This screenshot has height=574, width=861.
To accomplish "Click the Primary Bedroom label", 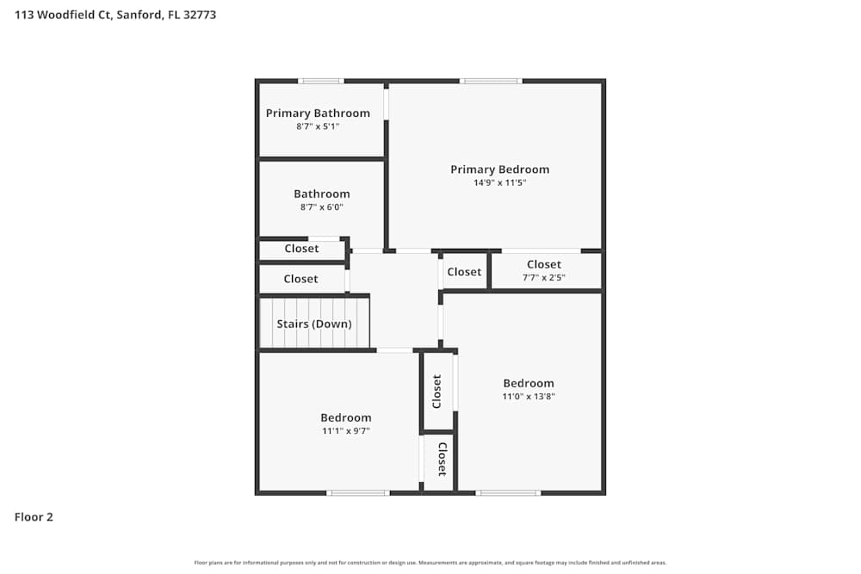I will pos(499,170).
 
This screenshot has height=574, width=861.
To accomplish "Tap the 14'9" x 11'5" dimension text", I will pos(499,182).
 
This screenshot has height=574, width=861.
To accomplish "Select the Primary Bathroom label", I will pos(318,114).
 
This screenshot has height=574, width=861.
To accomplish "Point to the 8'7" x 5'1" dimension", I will pos(318,127).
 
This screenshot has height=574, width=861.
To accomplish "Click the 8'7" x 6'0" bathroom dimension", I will pos(321,207).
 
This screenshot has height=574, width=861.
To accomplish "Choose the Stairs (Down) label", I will pos(314,324).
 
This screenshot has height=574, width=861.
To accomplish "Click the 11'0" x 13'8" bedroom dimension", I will pos(529,397).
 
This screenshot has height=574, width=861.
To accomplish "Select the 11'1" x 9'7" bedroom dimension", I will pos(345,431).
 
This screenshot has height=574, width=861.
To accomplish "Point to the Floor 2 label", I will pos(34,517).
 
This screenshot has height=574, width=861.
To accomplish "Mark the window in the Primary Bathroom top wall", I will pos(321,81).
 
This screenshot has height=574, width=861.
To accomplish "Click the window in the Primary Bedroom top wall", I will pos(491,81).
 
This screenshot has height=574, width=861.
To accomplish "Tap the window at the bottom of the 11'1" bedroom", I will pos(358,493).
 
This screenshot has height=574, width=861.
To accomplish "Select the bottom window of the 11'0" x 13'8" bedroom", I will pos(509,493).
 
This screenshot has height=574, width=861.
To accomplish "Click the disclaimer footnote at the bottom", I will pos(430,563).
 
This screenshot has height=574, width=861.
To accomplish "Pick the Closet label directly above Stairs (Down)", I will pos(300,279).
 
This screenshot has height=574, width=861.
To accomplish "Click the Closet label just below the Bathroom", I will pos(301,249).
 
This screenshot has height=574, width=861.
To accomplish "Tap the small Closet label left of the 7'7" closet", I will pos(464,272).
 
